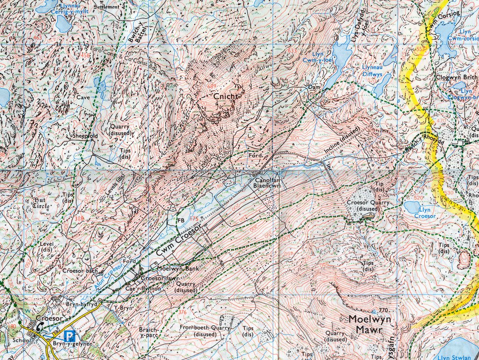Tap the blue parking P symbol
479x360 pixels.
(69, 336)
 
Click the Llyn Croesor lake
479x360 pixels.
(414, 206)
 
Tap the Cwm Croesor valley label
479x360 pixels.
(178, 240)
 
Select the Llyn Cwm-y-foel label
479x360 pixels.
(314, 57)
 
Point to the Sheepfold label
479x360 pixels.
(84, 136)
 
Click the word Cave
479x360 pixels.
(83, 97)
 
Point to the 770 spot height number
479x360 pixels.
(384, 310)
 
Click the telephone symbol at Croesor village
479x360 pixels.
(41, 327)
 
